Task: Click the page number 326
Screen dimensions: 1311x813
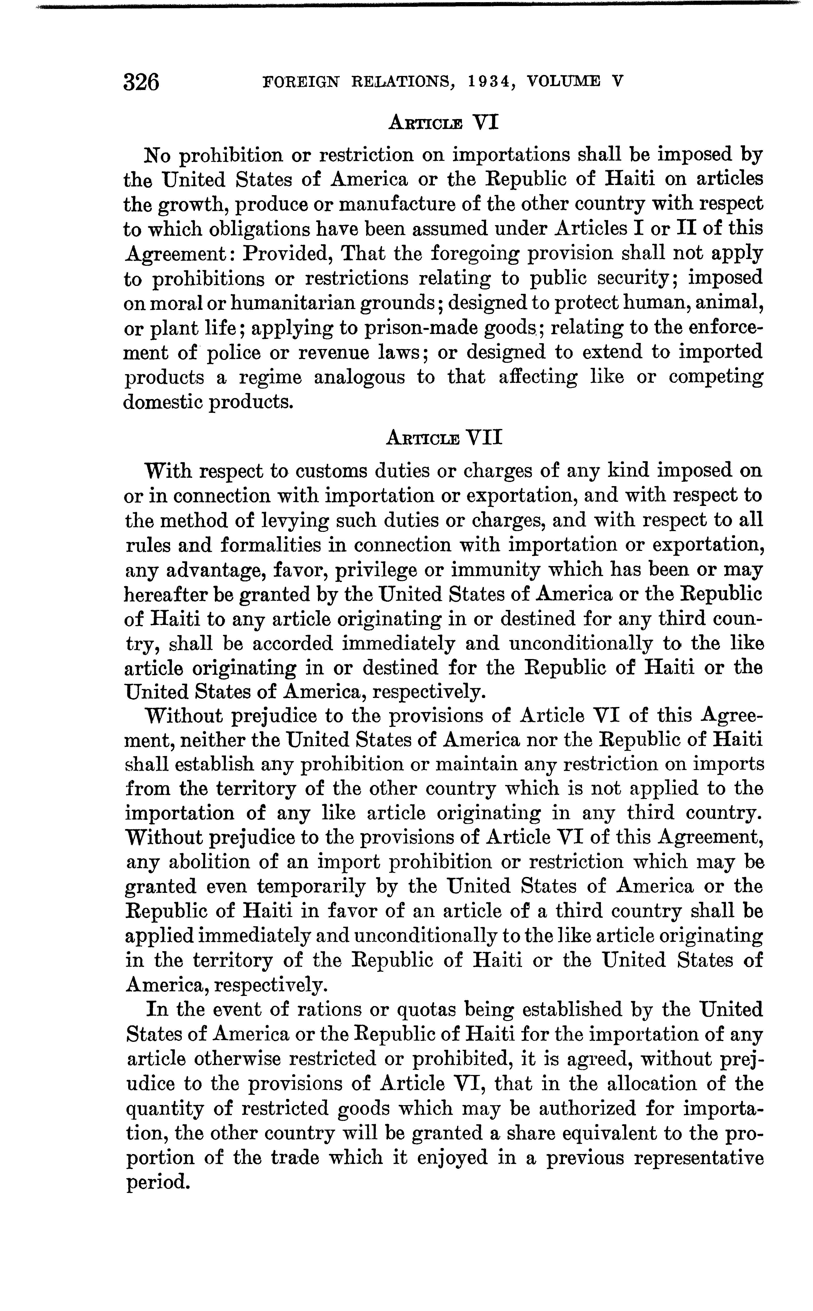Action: click(141, 82)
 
